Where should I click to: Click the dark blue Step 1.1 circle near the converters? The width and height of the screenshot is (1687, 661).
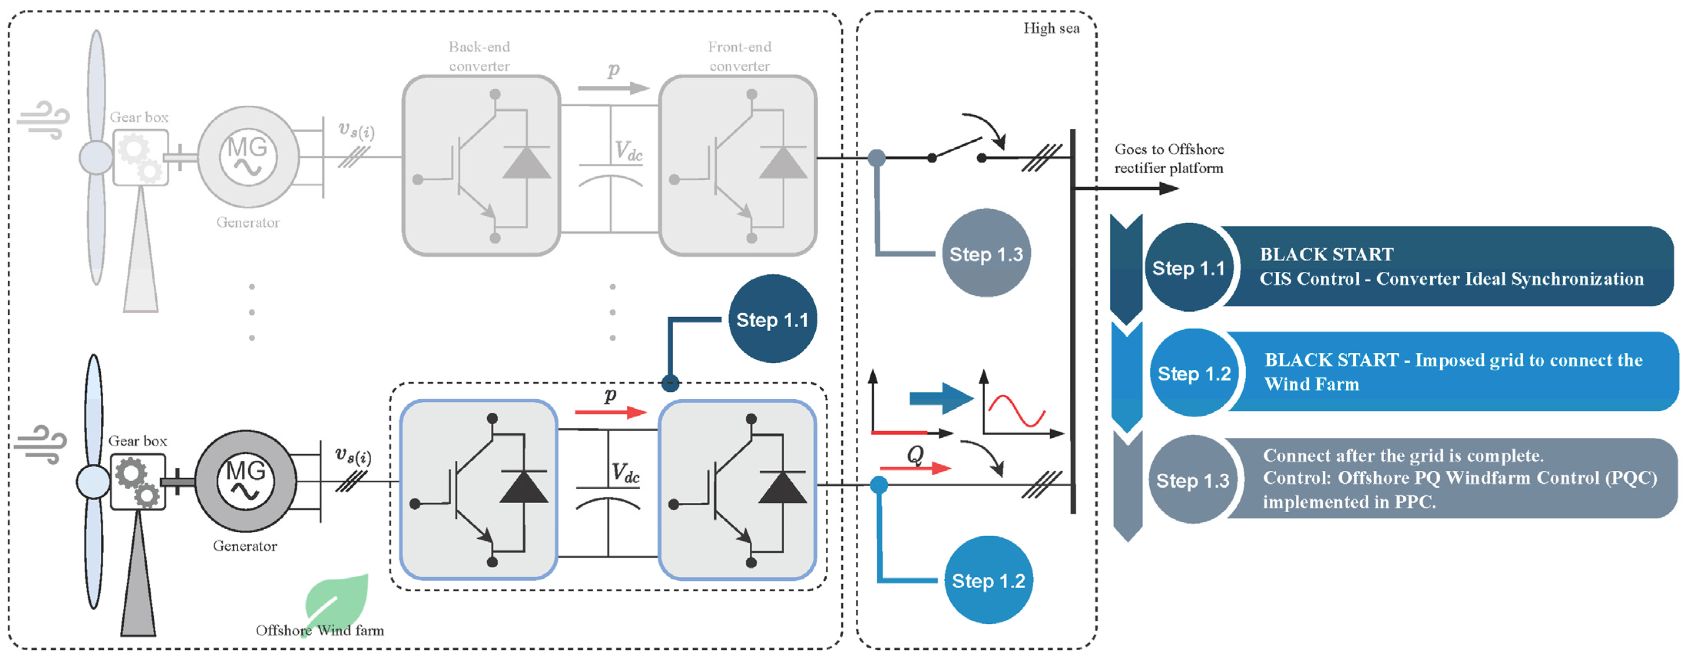pyautogui.click(x=773, y=319)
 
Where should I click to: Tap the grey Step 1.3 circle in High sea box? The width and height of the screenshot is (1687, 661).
pyautogui.click(x=986, y=254)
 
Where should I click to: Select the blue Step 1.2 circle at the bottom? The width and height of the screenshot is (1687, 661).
pyautogui.click(x=988, y=580)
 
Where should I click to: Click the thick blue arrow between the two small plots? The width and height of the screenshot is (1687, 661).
pyautogui.click(x=941, y=398)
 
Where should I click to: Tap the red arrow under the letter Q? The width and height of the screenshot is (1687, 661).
pyautogui.click(x=915, y=468)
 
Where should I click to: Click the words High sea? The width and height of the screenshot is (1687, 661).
pyautogui.click(x=1051, y=28)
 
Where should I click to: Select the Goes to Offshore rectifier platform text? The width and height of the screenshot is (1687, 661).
pyautogui.click(x=1169, y=159)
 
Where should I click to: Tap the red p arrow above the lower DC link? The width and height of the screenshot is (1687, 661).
pyautogui.click(x=610, y=412)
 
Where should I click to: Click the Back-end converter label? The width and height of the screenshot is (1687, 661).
pyautogui.click(x=479, y=56)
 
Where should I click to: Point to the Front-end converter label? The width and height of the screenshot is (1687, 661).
pyautogui.click(x=739, y=56)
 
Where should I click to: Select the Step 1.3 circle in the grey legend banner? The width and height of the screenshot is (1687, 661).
pyautogui.click(x=1192, y=480)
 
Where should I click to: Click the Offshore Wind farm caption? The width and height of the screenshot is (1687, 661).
pyautogui.click(x=320, y=630)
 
